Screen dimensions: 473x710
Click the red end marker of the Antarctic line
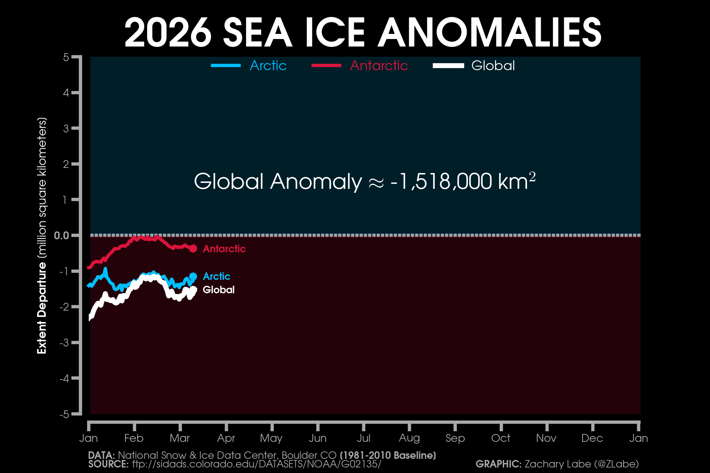click(193, 249)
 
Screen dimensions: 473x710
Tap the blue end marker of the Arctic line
click(193, 276)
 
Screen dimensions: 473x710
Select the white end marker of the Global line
click(194, 290)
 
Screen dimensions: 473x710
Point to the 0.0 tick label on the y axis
click(61, 236)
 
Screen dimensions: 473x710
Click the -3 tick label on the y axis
click(64, 343)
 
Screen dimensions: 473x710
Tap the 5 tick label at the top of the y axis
click(66, 58)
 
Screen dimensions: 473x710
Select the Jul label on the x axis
click(363, 438)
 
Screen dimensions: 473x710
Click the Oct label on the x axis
click(501, 438)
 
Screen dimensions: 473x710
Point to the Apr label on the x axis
click(226, 438)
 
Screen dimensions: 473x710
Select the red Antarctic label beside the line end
click(224, 249)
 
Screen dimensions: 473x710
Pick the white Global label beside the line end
click(219, 290)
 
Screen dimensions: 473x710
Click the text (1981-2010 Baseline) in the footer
click(388, 456)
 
